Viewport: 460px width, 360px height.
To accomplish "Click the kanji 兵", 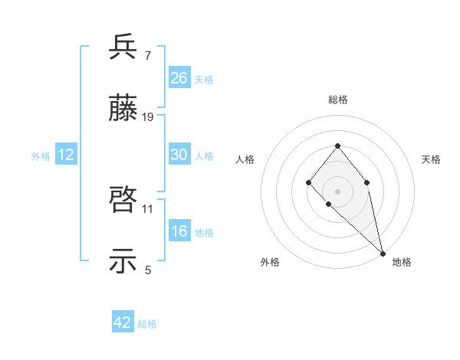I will pos(123,47).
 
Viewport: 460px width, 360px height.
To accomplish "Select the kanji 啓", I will pos(123,201).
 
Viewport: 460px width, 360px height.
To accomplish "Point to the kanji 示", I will pos(123,263).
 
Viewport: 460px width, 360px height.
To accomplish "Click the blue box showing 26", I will pos(179,78).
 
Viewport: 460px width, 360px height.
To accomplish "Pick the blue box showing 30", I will pos(179,155).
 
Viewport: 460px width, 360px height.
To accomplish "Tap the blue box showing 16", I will pos(179,231).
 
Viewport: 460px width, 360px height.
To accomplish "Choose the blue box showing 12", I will pos(66,155).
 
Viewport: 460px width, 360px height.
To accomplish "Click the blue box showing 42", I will pos(123,322).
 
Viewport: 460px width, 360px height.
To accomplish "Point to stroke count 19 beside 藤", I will pos(148,117).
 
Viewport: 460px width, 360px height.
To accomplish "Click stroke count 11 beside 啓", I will pos(148,208).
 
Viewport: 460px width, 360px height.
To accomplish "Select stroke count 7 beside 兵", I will pos(147,55).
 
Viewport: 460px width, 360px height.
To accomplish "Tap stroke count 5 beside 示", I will pos(147,270).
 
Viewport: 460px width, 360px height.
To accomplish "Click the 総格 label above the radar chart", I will pos(337,100).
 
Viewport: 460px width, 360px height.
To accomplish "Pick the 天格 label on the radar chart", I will pos(431,159).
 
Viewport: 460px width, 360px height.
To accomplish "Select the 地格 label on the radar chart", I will pos(402,262).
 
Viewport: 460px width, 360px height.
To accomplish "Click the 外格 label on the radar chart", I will pos(270,262).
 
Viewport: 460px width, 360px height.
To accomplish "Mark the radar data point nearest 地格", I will pos(383,253).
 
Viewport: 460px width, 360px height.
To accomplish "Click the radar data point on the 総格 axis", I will pos(337,146).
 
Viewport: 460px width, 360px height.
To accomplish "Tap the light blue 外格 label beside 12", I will pos(41,155).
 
